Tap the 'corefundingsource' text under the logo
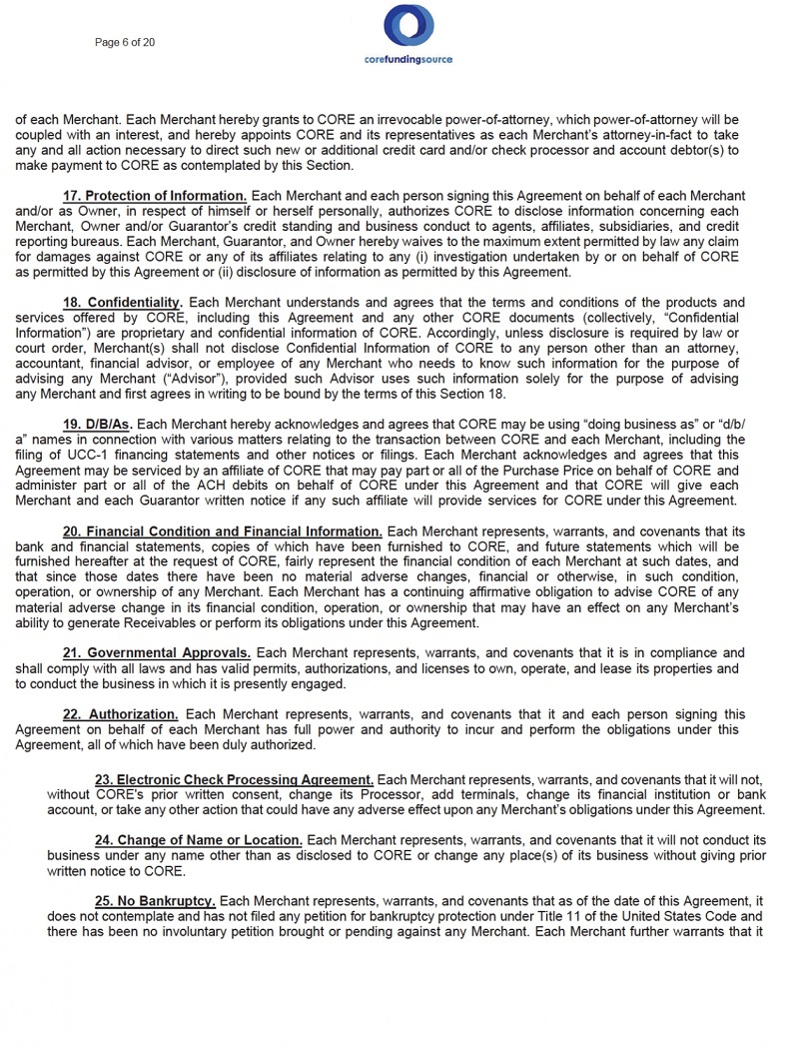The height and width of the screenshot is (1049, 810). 407,59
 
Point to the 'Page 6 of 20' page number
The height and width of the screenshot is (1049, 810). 125,42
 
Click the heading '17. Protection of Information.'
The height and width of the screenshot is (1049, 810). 155,196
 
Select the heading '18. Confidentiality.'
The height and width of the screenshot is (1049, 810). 123,303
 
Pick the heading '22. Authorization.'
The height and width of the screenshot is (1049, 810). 121,714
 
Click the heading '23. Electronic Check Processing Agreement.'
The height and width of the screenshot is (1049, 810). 234,778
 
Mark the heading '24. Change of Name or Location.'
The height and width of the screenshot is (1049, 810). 198,839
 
